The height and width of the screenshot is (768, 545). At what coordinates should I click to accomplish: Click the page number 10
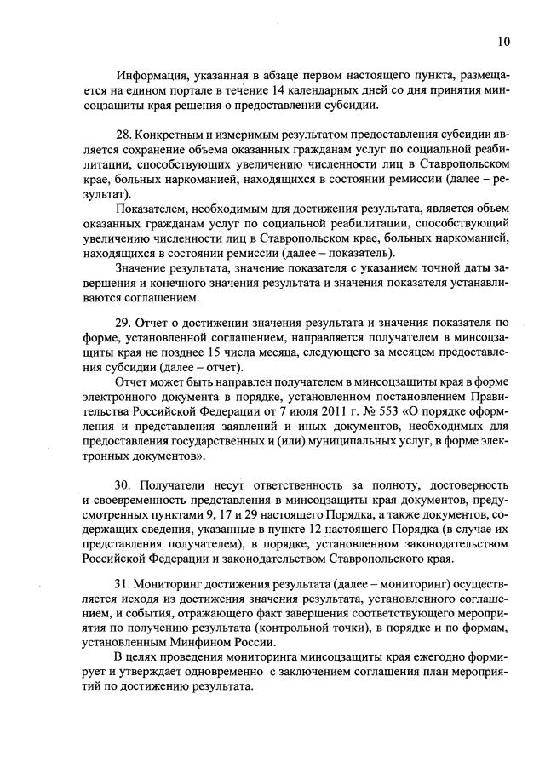coord(505,39)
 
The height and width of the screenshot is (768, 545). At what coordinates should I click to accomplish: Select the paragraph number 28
coord(123,135)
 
